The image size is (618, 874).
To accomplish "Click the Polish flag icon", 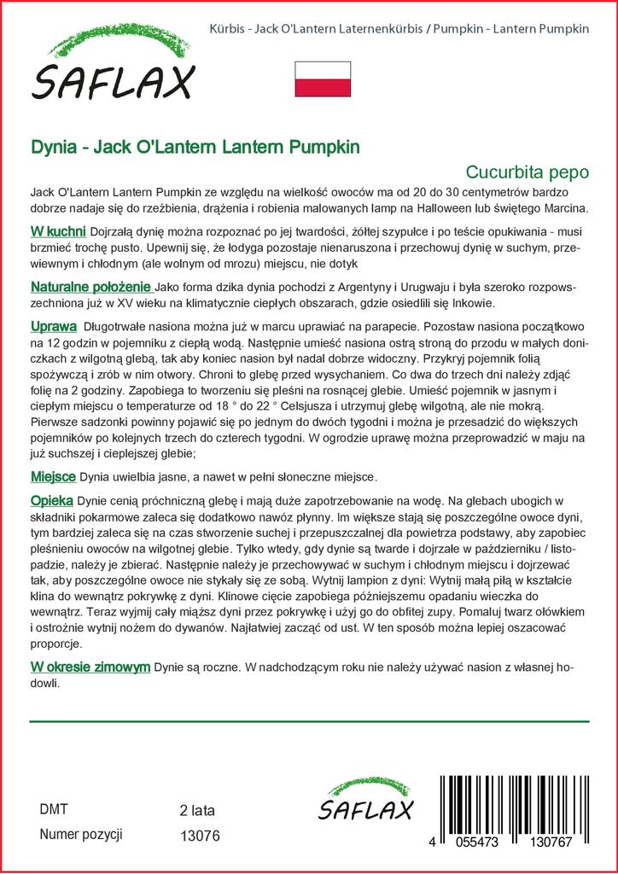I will coord(323,79).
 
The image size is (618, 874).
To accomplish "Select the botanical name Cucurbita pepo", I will coord(528,171).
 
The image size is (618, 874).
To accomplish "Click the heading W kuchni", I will coord(57,232).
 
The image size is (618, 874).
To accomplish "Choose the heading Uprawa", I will coord(53,326).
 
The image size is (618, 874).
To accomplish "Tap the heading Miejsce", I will coord(53,475).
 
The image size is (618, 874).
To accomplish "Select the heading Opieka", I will coord(51,500).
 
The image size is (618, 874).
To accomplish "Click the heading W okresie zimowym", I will coord(90,666).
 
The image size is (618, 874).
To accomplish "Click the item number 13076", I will coord(201,836).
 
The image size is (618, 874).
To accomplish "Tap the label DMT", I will coord(54,809).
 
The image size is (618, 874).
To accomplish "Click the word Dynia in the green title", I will coord(51,146).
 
